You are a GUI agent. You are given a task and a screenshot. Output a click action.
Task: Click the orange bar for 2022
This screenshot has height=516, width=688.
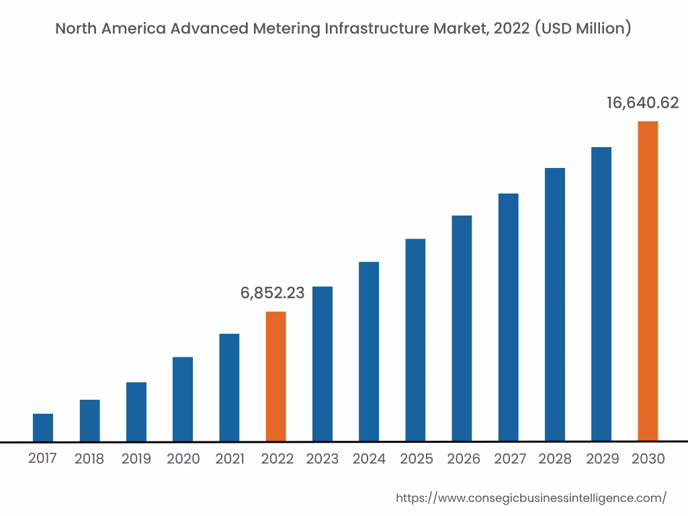point(275,376)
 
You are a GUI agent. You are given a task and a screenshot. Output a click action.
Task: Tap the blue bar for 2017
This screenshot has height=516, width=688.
point(43,427)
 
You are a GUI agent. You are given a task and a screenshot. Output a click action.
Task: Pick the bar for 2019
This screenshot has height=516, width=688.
point(136,412)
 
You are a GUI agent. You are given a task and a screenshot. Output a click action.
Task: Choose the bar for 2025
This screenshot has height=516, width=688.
point(415,340)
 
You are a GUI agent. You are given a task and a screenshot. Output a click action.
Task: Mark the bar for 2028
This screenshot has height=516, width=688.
point(555,304)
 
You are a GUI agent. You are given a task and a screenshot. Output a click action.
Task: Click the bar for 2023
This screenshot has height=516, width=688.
point(322,363)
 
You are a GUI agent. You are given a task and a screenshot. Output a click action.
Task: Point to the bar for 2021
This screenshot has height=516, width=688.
point(229,387)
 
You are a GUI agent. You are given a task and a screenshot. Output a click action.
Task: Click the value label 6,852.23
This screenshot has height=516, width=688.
point(272,293)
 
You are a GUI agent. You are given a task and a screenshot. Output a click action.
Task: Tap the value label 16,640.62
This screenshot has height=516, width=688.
point(642,103)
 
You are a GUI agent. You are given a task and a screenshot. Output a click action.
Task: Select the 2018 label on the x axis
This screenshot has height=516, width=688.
point(89,459)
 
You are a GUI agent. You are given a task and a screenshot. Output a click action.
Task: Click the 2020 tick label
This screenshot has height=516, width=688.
point(183,459)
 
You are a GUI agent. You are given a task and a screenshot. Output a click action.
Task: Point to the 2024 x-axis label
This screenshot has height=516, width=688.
point(369,459)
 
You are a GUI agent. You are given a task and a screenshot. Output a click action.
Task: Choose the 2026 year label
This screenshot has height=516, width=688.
point(464,459)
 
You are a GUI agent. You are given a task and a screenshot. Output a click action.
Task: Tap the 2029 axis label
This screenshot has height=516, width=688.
point(602,459)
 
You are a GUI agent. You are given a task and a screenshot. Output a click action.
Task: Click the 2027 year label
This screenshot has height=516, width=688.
point(510,459)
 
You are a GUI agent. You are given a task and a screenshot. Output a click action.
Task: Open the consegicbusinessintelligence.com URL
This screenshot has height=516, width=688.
point(531,498)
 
